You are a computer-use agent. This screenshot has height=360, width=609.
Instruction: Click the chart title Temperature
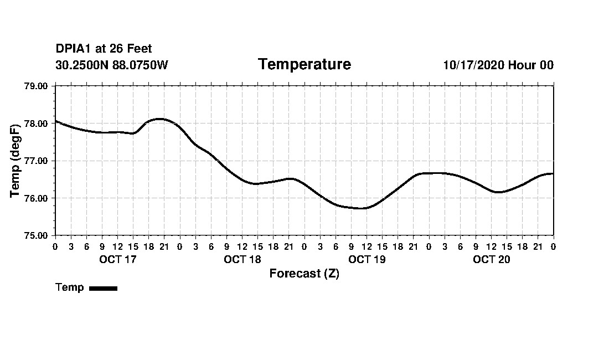point(304,65)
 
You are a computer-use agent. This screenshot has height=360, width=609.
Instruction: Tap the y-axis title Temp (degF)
point(16,161)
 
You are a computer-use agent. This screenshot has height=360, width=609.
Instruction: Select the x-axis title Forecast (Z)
point(304,274)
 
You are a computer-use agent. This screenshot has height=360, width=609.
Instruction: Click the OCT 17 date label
point(117,260)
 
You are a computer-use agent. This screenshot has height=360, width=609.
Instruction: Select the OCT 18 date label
point(242,260)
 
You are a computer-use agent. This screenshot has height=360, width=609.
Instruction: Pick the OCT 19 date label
point(367,260)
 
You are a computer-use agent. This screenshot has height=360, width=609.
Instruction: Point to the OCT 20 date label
point(491,260)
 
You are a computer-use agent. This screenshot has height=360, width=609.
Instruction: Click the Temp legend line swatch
point(103,288)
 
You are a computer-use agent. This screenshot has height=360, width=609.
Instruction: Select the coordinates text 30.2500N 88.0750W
point(112,65)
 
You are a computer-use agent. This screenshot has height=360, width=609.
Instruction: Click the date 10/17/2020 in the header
point(473,65)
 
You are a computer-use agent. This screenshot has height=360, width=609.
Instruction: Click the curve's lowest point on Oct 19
point(363,208)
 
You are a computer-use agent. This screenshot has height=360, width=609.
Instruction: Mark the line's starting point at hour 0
point(56,121)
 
